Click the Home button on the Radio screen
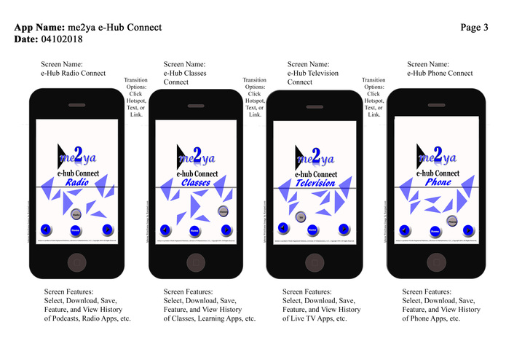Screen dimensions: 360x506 click(76, 230)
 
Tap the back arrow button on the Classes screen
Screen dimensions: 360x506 click(165, 230)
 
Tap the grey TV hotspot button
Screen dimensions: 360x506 click(300, 216)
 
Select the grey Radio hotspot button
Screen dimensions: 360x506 click(76, 215)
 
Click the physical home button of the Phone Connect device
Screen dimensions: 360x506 click(435, 262)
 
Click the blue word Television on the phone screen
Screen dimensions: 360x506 click(315, 184)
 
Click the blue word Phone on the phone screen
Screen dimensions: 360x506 click(438, 181)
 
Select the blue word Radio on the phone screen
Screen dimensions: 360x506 click(77, 182)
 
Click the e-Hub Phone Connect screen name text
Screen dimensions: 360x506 click(440, 73)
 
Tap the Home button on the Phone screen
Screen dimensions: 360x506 click(435, 230)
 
